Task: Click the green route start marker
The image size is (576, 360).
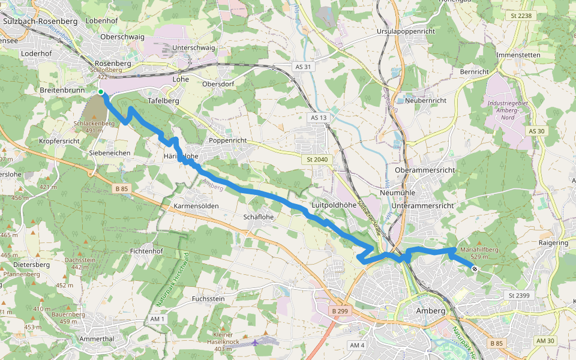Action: (x=101, y=92)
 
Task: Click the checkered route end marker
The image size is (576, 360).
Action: (x=474, y=269)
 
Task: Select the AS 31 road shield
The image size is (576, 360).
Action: (x=304, y=67)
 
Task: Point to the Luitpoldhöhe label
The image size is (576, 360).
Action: (x=334, y=205)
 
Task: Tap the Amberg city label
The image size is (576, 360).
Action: (x=430, y=311)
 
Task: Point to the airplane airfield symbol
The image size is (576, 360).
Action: (x=257, y=342)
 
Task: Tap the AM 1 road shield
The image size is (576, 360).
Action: (x=158, y=319)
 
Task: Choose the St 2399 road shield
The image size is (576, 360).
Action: (x=520, y=295)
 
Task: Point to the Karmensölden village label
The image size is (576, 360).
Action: (x=196, y=206)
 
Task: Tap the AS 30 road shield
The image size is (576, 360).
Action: (x=537, y=131)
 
